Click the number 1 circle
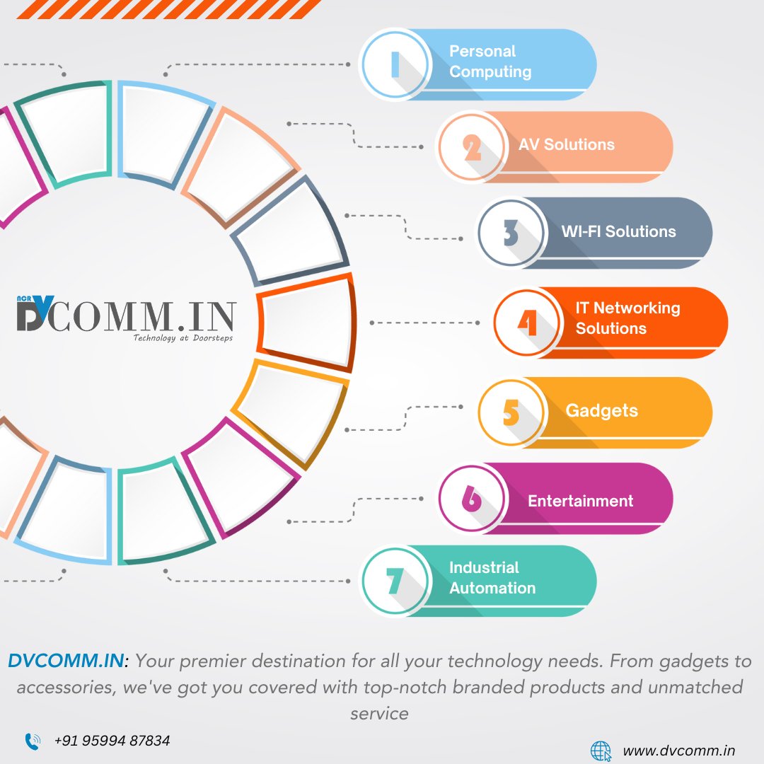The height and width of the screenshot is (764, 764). tap(394, 64)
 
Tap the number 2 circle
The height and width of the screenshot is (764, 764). tap(471, 147)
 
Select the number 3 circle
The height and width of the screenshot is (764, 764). tap(511, 233)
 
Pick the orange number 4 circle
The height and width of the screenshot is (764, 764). tap(527, 323)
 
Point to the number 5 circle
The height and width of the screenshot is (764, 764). tap(511, 412)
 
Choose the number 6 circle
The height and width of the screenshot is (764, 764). tap(471, 499)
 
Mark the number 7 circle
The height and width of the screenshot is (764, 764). tap(394, 581)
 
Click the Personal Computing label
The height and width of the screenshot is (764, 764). tap(490, 62)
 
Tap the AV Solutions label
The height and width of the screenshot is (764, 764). tap(566, 144)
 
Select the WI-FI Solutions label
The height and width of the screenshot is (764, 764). tap(618, 231)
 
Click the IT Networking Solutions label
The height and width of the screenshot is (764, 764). tap(627, 318)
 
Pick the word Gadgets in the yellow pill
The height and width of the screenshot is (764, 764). tap(601, 410)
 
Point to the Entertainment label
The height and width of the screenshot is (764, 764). tap(580, 501)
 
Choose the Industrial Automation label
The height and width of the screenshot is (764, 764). tap(492, 577)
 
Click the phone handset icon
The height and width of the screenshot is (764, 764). tap(33, 741)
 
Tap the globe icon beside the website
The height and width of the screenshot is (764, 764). tap(601, 751)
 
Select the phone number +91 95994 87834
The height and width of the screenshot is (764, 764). tap(112, 741)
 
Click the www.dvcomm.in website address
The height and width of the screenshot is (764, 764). tap(678, 751)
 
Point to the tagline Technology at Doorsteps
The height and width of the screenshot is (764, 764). tap(183, 338)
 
